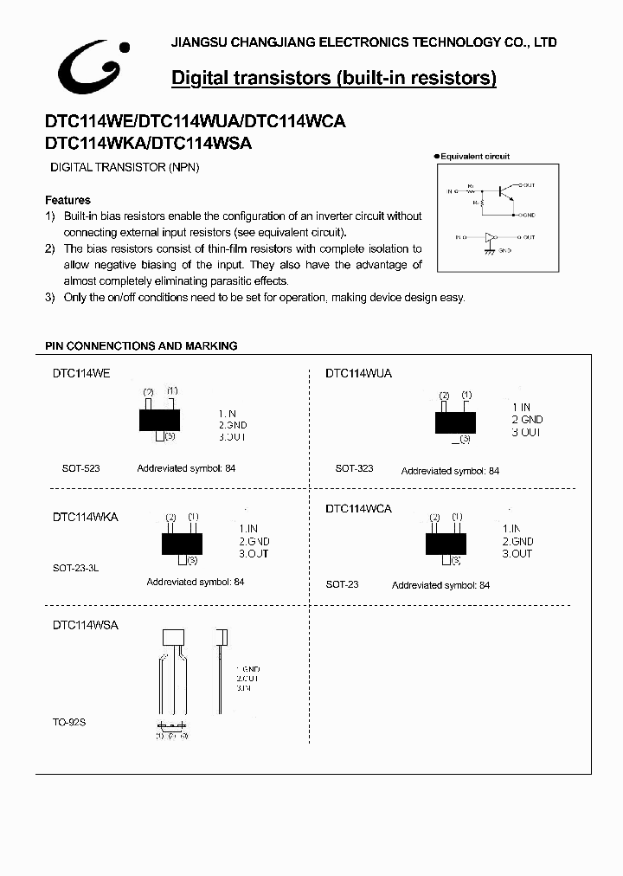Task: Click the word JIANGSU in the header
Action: [x=196, y=42]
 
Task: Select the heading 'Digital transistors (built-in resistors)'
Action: [x=334, y=79]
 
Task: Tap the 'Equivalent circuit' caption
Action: [x=474, y=157]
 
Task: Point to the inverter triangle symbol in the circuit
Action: [x=491, y=236]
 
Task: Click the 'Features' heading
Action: [x=67, y=200]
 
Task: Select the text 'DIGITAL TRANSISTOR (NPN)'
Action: [x=125, y=167]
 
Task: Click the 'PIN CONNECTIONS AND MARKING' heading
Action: [x=141, y=346]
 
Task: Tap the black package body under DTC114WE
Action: [x=159, y=420]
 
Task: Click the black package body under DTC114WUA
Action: [x=455, y=422]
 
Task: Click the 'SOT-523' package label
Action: [x=80, y=468]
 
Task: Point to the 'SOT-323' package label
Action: [x=354, y=468]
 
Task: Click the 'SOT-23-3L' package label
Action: [x=77, y=569]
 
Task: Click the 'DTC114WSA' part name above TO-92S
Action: [x=85, y=624]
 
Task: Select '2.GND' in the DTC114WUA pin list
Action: [x=527, y=420]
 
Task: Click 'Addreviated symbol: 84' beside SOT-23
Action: [x=440, y=586]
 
